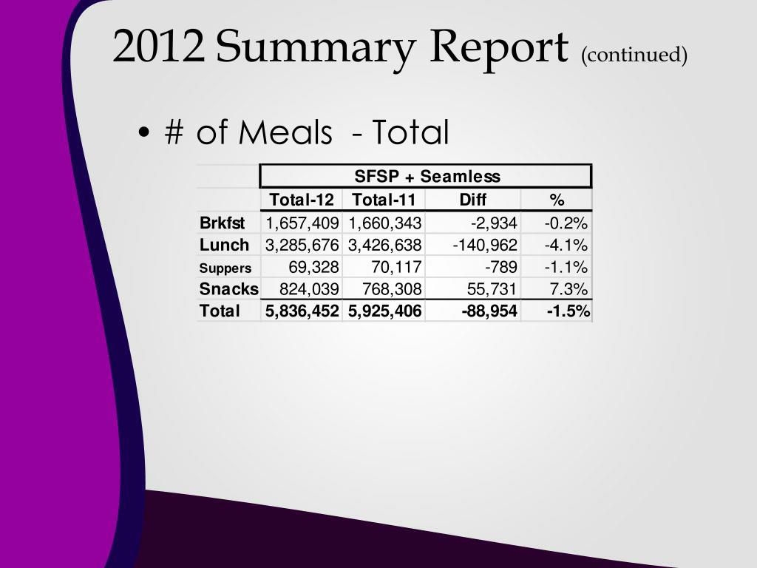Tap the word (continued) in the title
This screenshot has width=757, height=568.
click(634, 55)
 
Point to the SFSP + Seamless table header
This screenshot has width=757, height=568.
click(427, 177)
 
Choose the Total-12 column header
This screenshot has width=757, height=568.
click(302, 200)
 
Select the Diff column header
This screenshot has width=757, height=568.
click(473, 200)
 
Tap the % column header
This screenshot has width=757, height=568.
click(556, 200)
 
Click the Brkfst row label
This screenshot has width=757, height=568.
click(222, 223)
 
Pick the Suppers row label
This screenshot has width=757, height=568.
click(225, 268)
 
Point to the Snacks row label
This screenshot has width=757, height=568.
click(229, 289)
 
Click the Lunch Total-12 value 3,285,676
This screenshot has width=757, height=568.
click(302, 246)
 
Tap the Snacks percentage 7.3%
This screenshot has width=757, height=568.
click(568, 289)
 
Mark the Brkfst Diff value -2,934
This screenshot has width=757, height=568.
click(495, 223)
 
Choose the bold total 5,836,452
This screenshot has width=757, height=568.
click(302, 311)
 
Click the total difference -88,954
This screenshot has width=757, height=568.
click(489, 311)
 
